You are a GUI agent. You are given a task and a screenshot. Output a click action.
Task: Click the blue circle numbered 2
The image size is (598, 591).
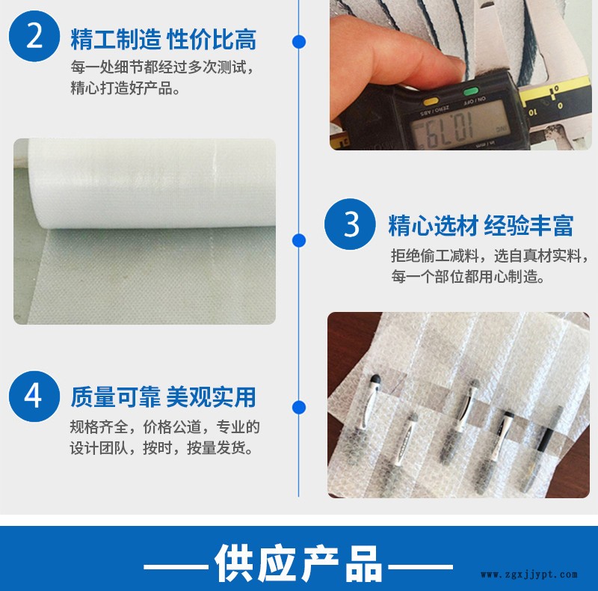tap(34, 36)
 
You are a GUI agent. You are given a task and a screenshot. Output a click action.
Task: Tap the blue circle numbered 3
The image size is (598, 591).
tap(350, 224)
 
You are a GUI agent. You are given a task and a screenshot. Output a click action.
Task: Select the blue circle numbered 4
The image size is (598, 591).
tap(34, 396)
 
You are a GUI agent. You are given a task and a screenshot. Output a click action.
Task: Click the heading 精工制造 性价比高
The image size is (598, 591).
tap(163, 40)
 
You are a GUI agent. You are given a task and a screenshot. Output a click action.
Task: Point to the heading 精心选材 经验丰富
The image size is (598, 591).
tap(481, 226)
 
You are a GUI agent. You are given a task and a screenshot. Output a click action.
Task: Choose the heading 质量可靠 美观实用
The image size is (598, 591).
tap(163, 397)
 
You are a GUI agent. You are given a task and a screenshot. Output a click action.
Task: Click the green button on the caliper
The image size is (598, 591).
tap(471, 91)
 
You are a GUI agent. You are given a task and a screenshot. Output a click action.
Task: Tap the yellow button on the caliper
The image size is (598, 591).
tap(431, 102)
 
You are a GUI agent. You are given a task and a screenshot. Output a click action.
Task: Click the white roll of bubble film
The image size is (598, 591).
tap(152, 183)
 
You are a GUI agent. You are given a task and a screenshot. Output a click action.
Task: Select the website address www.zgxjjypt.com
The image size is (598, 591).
tap(529, 575)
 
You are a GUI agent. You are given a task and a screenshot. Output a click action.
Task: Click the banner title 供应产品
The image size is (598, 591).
tap(298, 563)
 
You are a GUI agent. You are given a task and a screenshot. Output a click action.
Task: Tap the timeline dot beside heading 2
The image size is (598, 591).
tap(299, 42)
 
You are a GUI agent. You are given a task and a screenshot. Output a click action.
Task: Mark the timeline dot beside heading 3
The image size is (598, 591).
tap(299, 240)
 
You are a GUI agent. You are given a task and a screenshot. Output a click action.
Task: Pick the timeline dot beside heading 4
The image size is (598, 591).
tap(299, 408)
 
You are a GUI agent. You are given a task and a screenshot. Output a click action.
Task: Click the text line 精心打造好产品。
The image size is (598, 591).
tap(125, 88)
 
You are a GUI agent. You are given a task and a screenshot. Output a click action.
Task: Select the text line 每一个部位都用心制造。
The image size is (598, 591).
tap(468, 276)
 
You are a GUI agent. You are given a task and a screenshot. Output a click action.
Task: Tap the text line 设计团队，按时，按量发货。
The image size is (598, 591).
tap(161, 448)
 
